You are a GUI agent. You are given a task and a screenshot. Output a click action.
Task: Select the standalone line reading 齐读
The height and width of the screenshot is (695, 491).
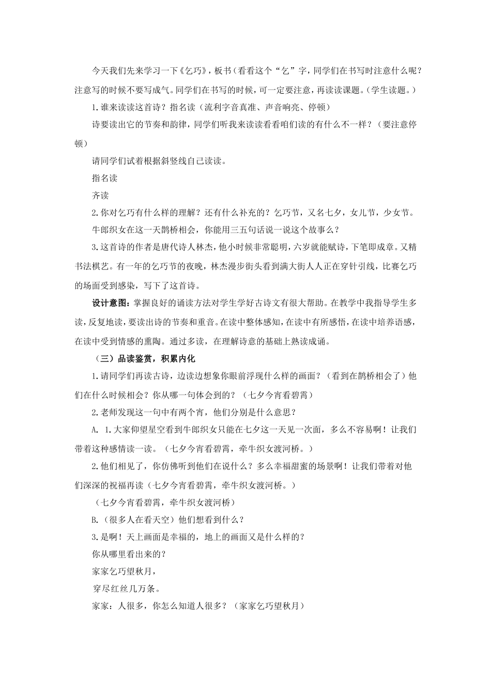tap(100, 195)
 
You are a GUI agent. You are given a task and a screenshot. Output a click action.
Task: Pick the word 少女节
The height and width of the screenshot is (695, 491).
tap(398, 213)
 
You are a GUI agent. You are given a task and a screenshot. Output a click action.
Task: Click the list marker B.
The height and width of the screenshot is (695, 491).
tap(94, 519)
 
